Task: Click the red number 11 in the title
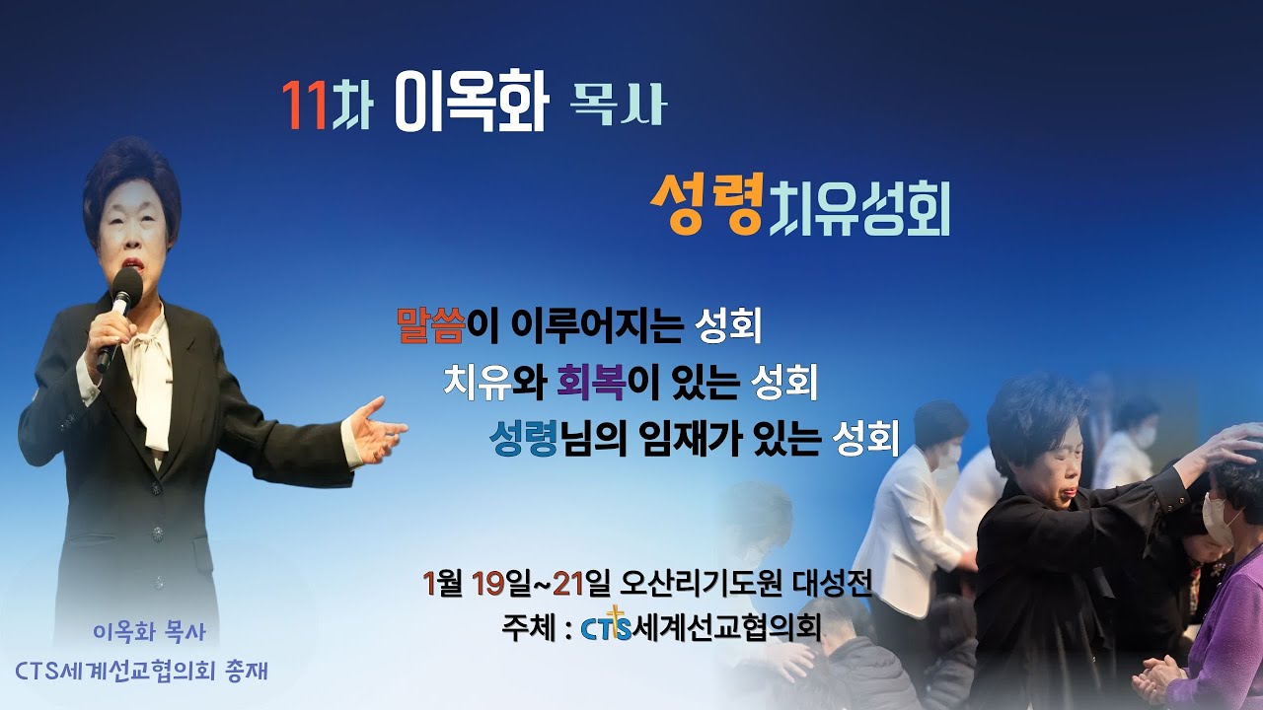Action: pyautogui.click(x=304, y=105)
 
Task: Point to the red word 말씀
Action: pyautogui.click(x=429, y=326)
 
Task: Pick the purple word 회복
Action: pyautogui.click(x=590, y=382)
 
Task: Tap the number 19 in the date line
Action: pyautogui.click(x=488, y=584)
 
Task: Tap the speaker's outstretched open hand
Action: pyautogui.click(x=375, y=430)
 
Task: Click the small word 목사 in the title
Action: pyautogui.click(x=619, y=106)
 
